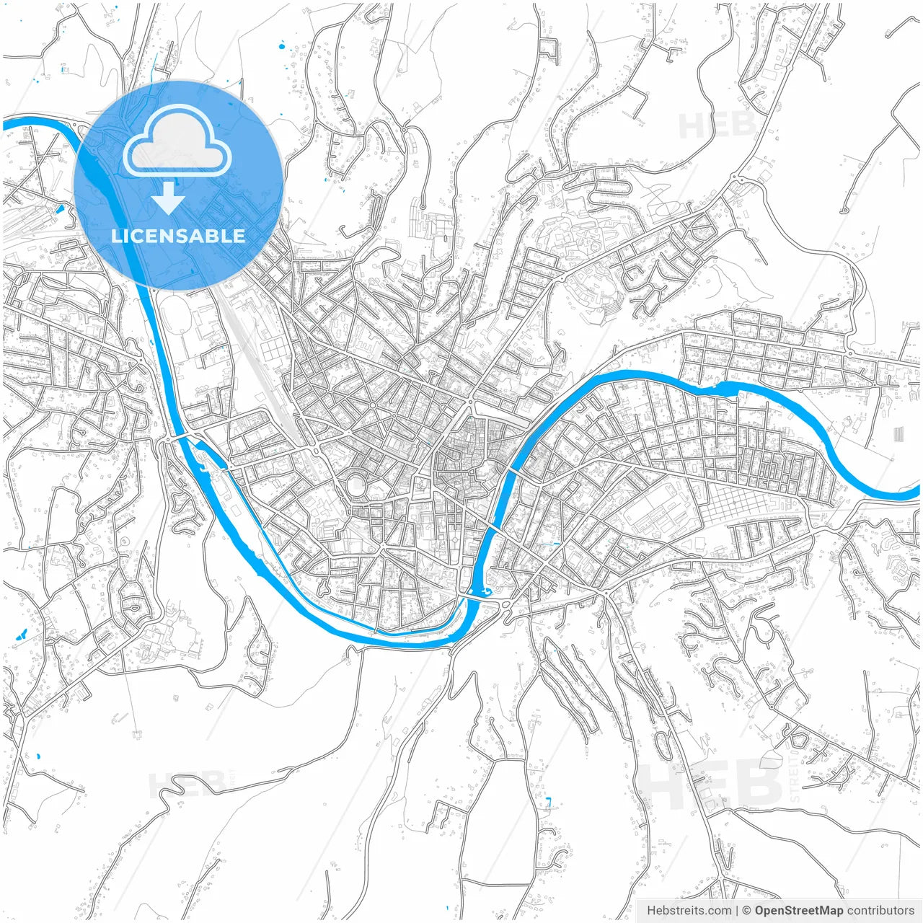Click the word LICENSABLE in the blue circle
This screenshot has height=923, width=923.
(178, 236)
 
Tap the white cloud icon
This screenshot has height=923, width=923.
(177, 141)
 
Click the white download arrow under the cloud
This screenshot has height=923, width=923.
(168, 199)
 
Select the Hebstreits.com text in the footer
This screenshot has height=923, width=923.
(689, 911)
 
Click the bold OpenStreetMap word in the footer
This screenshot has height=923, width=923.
(799, 911)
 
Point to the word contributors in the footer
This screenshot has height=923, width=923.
(880, 911)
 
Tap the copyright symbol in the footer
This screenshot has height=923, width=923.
(747, 911)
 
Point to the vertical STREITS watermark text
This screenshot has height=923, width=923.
(795, 779)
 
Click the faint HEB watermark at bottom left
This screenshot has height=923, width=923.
(186, 784)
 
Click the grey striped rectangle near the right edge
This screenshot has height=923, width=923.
(898, 435)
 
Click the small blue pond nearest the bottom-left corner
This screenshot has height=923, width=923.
(38, 757)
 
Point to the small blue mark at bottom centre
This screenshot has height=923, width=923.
(549, 801)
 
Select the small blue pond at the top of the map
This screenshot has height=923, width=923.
(281, 48)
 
